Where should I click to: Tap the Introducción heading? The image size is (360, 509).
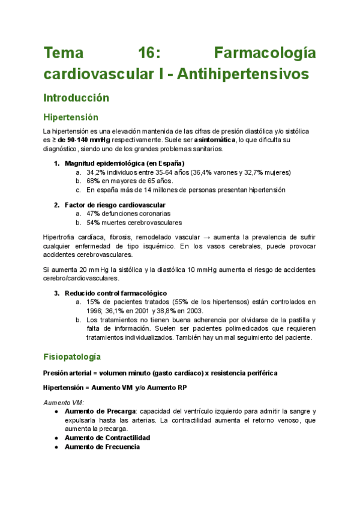click(76, 97)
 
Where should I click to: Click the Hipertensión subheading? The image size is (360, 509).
click(71, 117)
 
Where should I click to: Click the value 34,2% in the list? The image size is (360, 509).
click(96, 172)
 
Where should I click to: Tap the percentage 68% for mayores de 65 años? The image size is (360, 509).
click(93, 181)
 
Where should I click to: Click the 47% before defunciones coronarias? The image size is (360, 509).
click(93, 213)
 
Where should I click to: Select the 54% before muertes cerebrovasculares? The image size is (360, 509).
click(93, 222)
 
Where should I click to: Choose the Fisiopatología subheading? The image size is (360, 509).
click(71, 357)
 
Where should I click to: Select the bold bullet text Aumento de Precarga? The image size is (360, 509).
click(100, 411)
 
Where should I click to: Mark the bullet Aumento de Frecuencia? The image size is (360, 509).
click(102, 447)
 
